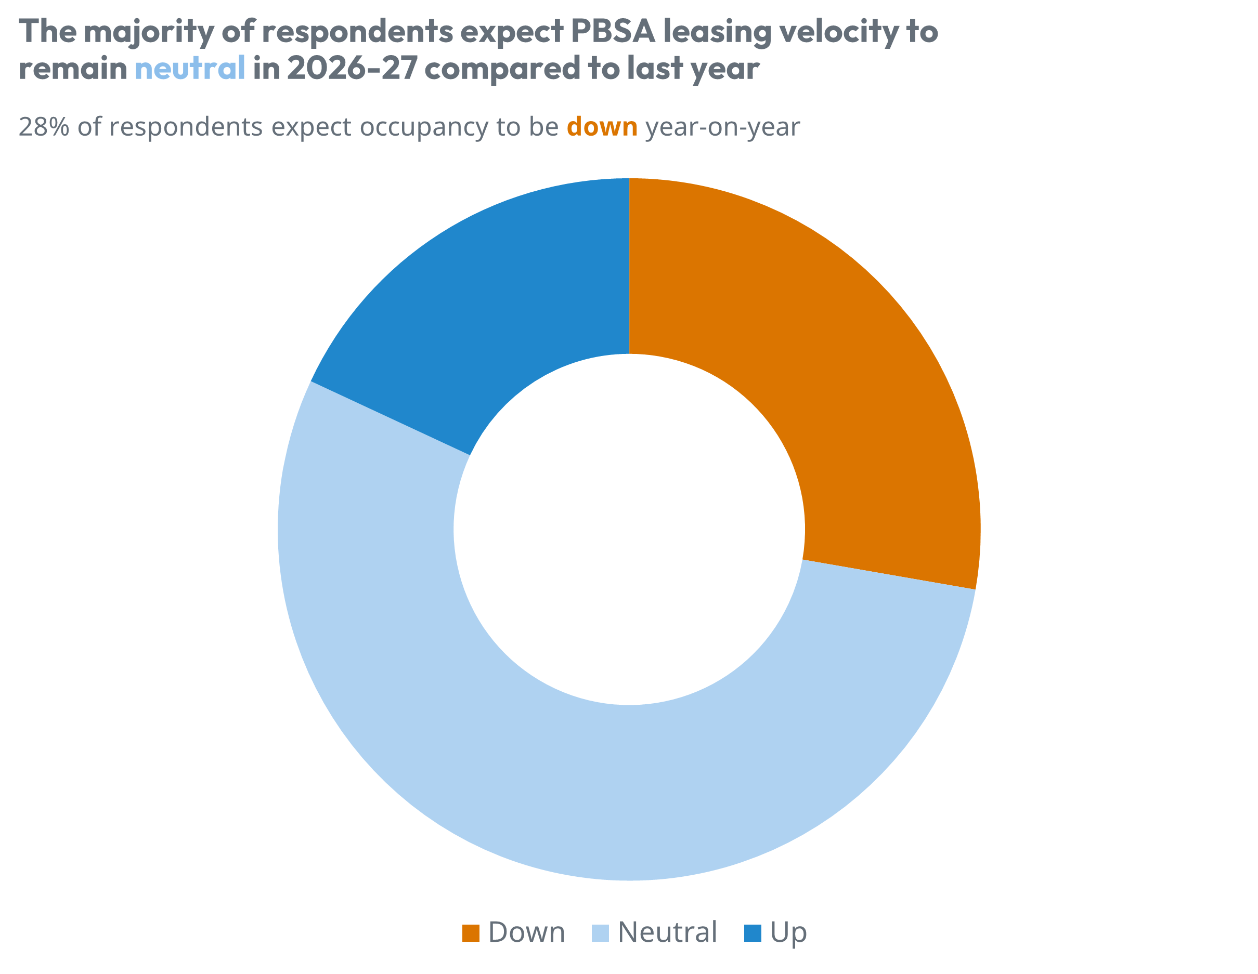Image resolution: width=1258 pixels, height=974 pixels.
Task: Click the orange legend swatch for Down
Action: point(471,933)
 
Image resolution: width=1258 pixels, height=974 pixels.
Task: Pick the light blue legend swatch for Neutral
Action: point(600,933)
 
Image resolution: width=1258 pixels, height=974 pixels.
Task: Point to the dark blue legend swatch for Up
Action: point(753,933)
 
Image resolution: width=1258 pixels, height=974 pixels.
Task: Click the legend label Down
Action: point(526,932)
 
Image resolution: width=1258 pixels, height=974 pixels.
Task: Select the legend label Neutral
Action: point(667,932)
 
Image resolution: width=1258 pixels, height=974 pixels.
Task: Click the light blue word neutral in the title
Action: point(190,68)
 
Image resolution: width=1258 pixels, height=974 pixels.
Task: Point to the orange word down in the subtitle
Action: point(602,127)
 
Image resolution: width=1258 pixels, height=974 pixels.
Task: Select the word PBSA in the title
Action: point(613,31)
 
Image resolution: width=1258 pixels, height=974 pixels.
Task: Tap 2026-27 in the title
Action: point(351,68)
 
